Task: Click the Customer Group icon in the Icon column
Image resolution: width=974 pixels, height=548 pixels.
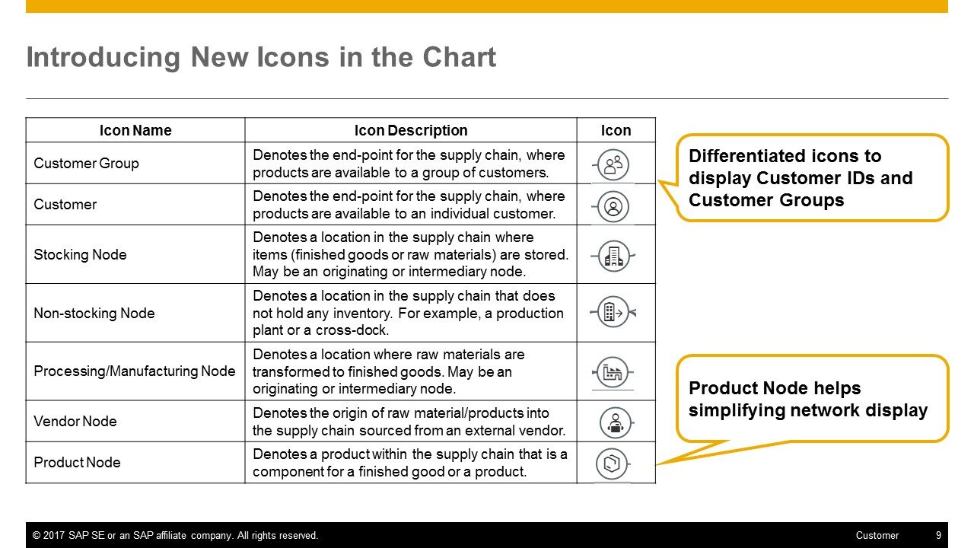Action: click(x=613, y=165)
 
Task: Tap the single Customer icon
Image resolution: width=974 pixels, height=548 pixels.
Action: click(x=613, y=206)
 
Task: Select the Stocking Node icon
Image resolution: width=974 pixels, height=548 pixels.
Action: click(x=613, y=256)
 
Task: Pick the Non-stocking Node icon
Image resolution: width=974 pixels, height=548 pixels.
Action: click(x=613, y=312)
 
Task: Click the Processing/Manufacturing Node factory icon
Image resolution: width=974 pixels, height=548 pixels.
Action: click(x=613, y=372)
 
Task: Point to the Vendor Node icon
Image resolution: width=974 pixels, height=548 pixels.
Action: click(x=616, y=422)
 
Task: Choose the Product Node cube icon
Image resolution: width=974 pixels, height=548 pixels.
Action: click(x=613, y=464)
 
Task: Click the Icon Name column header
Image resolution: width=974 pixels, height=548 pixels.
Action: click(x=135, y=130)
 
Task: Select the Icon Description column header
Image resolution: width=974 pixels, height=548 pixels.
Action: click(x=411, y=130)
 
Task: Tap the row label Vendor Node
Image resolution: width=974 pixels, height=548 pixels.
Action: click(x=75, y=421)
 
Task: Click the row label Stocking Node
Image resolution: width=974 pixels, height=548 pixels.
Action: click(x=80, y=254)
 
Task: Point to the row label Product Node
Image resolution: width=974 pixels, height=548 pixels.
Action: click(x=77, y=462)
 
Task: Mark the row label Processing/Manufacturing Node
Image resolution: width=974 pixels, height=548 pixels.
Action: click(x=135, y=371)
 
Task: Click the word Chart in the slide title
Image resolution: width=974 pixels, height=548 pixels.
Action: click(x=459, y=57)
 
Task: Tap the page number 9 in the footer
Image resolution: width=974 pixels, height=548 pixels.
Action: click(x=938, y=535)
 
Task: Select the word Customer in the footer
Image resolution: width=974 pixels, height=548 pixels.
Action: click(x=877, y=535)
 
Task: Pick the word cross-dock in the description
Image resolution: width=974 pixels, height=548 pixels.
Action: click(x=352, y=330)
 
